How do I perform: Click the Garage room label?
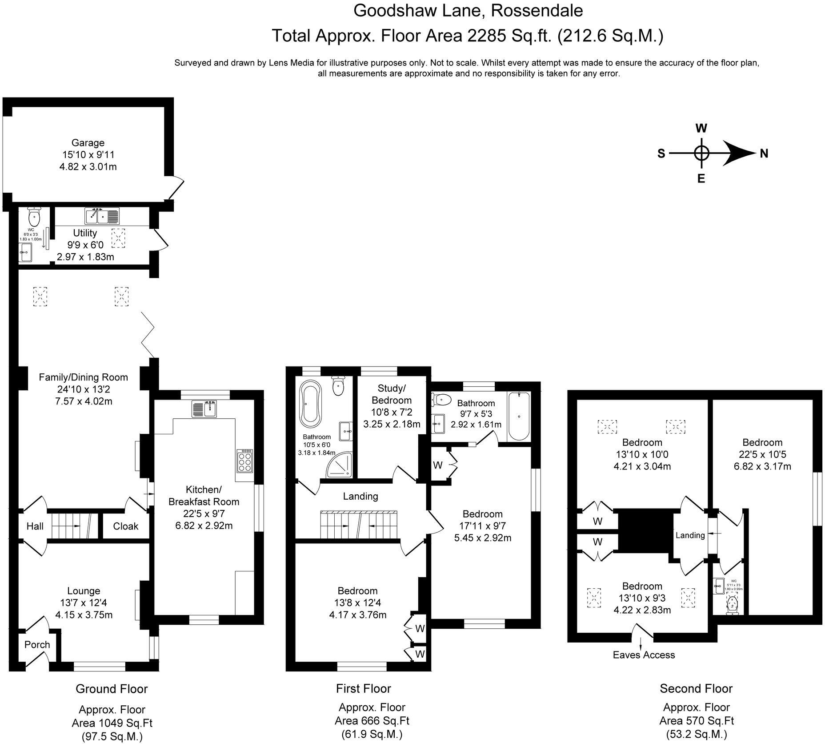point(88,143)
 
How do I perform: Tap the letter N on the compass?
point(764,154)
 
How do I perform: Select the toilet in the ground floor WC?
point(34,217)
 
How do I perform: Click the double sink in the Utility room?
point(102,216)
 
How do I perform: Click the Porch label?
point(37,645)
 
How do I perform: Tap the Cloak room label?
point(126,526)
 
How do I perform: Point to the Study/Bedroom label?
point(392,394)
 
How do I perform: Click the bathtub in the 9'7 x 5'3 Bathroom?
point(518,416)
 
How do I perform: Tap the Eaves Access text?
point(644,655)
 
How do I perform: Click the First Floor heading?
point(363,688)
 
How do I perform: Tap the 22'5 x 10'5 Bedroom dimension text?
point(762,454)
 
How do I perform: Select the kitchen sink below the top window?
point(204,408)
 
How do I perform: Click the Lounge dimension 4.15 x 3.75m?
point(84,615)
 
